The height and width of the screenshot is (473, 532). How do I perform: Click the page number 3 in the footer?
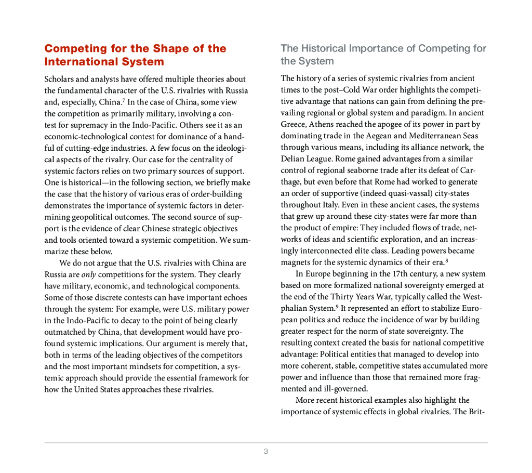point(265,451)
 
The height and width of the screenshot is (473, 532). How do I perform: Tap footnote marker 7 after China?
point(123,100)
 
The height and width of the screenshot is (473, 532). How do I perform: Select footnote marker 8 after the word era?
point(446,260)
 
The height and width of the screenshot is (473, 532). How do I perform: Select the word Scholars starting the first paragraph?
point(60,79)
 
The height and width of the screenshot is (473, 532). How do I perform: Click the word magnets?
point(295,262)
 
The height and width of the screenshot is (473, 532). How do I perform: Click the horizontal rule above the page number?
point(266,443)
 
